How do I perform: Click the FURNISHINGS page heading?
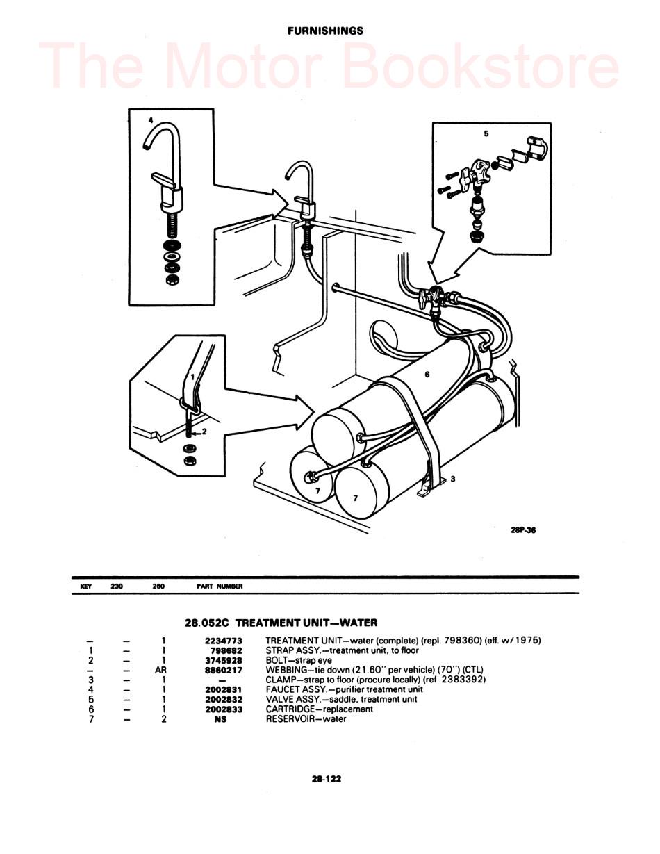click(326, 31)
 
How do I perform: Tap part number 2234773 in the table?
click(223, 641)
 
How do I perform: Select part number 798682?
click(226, 650)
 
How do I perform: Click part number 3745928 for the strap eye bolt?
click(223, 660)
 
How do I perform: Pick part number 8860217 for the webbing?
click(223, 670)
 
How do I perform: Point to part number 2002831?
click(223, 689)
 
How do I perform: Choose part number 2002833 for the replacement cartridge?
click(223, 709)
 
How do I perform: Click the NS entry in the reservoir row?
click(221, 719)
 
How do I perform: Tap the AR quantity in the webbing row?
click(161, 670)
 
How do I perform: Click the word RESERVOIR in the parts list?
click(292, 719)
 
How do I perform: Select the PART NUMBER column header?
click(220, 586)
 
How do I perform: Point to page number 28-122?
click(327, 779)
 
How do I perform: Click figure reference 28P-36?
click(523, 530)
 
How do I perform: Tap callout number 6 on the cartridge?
click(427, 375)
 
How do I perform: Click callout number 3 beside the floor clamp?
click(452, 479)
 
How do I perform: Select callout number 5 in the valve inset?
click(486, 133)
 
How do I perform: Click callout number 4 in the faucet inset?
click(150, 120)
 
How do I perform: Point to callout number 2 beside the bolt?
click(204, 432)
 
